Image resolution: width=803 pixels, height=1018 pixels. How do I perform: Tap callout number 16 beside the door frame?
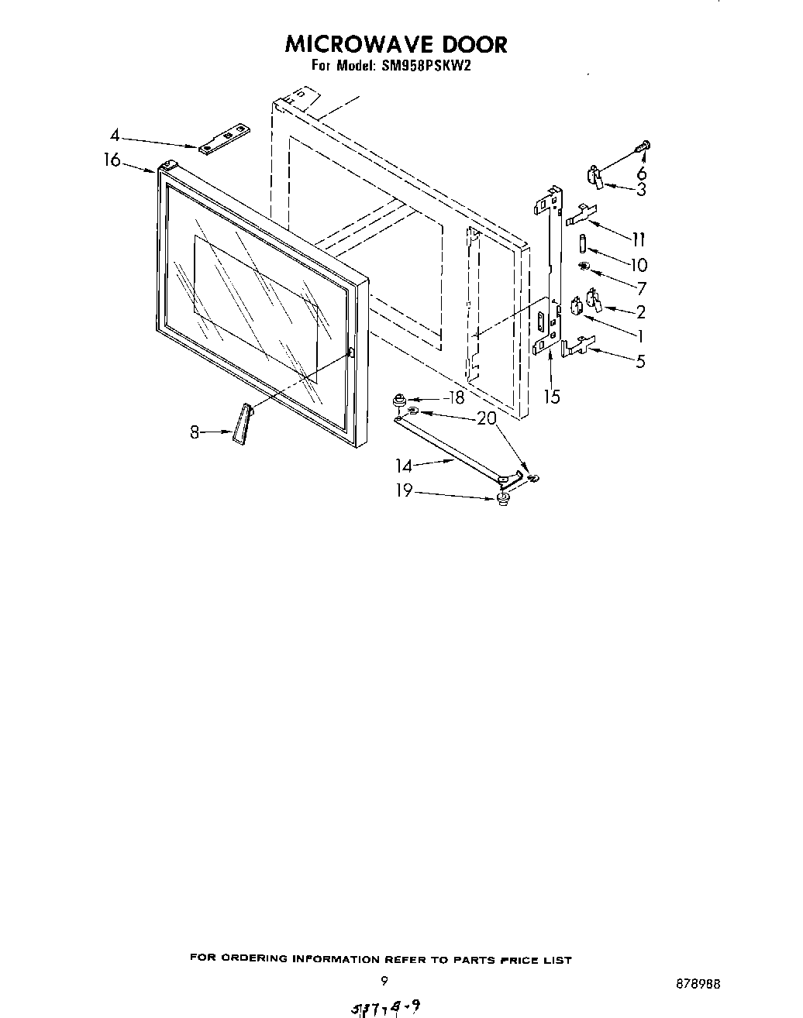pos(112,160)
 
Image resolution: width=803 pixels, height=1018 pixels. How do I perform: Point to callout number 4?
pos(115,136)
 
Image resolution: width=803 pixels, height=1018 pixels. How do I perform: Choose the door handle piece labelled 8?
pos(241,425)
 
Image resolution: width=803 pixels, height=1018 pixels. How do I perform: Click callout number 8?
pos(195,432)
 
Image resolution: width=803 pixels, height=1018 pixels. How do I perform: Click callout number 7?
pos(640,288)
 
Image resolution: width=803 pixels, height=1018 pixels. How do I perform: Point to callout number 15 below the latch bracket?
pos(551,397)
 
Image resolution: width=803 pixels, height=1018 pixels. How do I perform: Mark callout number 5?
pos(640,361)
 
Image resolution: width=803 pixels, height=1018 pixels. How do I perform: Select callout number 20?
pos(487,418)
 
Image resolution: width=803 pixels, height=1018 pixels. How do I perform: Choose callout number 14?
pos(404,466)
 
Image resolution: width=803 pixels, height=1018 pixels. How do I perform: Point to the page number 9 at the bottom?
pos(384,980)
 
